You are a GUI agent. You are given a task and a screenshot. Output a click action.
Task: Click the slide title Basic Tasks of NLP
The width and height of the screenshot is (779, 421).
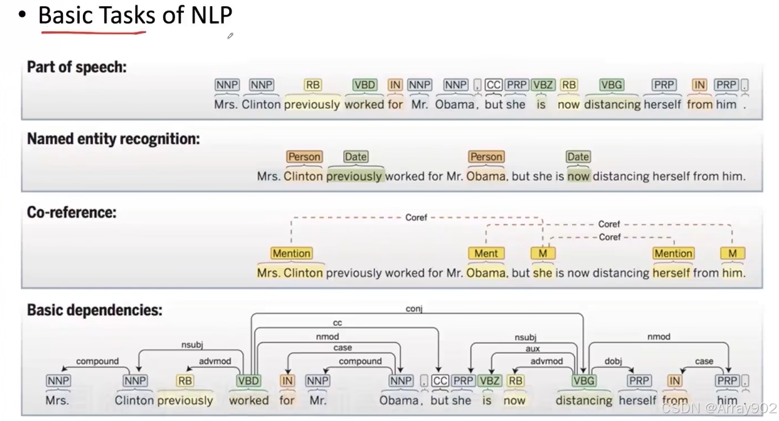coord(135,15)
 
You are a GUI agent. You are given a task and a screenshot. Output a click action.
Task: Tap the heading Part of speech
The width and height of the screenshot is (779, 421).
coord(77,68)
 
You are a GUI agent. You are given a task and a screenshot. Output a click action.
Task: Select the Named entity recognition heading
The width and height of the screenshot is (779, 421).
coord(113,139)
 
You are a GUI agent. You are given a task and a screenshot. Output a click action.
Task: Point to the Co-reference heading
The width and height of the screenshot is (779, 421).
coord(72,213)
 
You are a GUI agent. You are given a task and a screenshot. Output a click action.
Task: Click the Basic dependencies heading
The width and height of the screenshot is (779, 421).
coord(95,310)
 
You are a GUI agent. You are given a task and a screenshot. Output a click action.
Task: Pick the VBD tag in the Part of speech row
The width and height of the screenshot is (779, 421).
coord(365,85)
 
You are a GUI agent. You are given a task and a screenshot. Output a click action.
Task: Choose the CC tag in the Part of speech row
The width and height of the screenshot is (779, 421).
coord(493,85)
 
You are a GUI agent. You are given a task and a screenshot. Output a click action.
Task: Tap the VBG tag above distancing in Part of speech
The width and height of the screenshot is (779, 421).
coord(611,85)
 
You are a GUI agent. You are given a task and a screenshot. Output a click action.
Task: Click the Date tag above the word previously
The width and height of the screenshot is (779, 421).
coord(355,157)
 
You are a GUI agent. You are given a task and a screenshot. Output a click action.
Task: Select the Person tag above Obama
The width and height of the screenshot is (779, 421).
coord(486,157)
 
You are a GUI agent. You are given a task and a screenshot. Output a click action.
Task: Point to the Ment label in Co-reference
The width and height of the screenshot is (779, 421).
coord(486,254)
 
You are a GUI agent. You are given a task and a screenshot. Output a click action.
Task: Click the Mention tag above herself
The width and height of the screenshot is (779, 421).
coord(673,254)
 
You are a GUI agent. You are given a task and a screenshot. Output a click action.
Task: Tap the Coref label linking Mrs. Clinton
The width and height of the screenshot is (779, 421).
coord(416,217)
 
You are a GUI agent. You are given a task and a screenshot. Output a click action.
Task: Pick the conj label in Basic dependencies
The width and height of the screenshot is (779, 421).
coord(414,308)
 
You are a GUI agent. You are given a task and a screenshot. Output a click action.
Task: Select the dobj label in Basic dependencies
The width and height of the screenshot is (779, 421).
coord(613,362)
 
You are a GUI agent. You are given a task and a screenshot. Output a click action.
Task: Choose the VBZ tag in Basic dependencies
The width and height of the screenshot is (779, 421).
coord(489,381)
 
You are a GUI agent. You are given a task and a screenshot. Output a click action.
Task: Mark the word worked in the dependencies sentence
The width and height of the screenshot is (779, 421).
coord(249,401)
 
